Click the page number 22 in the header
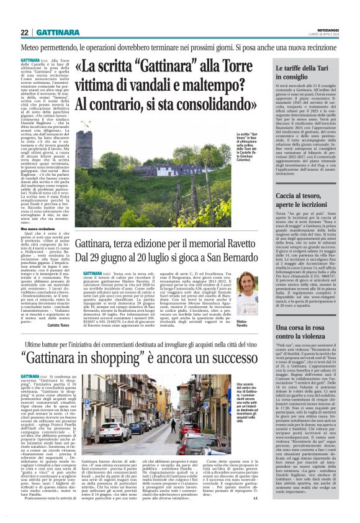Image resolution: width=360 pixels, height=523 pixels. click(25, 32)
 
